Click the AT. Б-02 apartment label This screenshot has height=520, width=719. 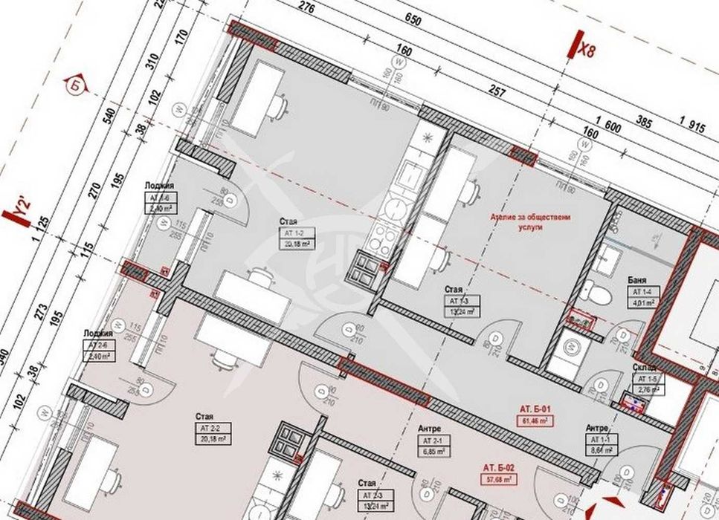499,468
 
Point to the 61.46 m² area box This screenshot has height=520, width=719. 534,420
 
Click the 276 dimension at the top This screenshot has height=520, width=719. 303,9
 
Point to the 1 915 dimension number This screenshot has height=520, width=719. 691,127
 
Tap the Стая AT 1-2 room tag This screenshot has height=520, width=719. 295,233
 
